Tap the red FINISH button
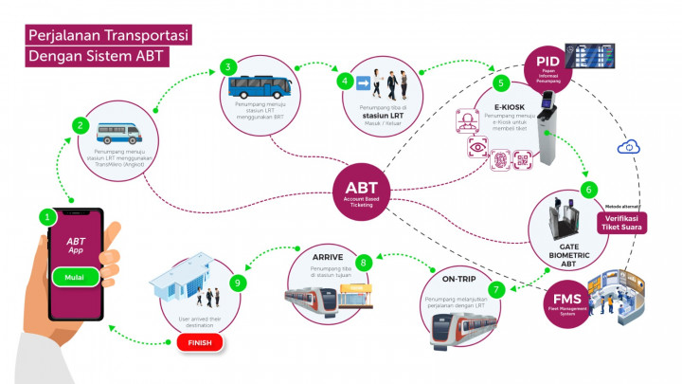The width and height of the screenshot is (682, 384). click(x=199, y=342)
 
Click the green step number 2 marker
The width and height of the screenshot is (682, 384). click(x=82, y=124)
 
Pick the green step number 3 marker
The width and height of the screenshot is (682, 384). click(x=227, y=67)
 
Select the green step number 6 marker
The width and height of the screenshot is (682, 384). click(x=588, y=189)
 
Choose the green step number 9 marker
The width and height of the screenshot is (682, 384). click(x=239, y=282)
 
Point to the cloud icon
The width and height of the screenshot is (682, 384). click(x=625, y=147)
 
